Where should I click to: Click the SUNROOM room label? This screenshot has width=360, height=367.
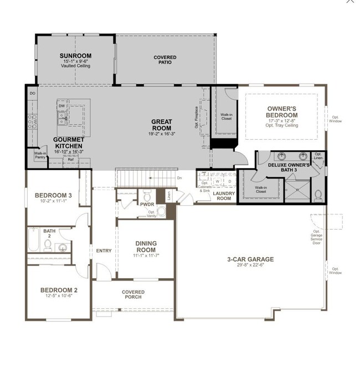pos(75,56)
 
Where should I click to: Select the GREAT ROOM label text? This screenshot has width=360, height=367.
pos(162,125)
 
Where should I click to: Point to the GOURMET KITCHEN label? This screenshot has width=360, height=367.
pos(69,143)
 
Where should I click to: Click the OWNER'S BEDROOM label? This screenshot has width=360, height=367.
pos(282,112)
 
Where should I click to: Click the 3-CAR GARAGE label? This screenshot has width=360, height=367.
pos(250,259)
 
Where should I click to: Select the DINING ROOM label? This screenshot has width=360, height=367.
pos(146,246)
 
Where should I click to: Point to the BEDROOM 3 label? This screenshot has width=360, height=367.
pos(53,195)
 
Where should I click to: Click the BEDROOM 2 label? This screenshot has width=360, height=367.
pos(59,290)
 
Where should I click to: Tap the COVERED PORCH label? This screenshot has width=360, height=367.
pos(133,294)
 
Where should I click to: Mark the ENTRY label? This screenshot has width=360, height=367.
pos(104,251)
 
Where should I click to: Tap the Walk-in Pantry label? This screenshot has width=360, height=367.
pos(40,156)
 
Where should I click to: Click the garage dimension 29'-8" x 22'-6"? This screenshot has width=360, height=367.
pos(250,265)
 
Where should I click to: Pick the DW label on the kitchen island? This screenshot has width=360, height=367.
pos(61,105)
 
